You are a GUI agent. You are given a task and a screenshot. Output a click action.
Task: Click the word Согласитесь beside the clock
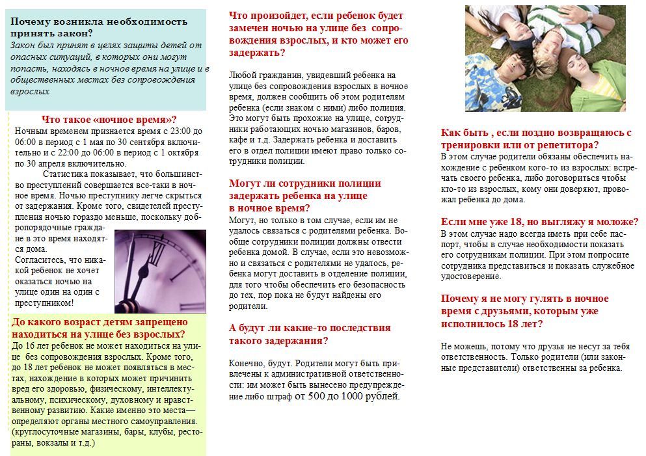coord(39,260)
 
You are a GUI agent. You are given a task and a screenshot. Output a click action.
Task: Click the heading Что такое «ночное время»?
coord(109,119)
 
